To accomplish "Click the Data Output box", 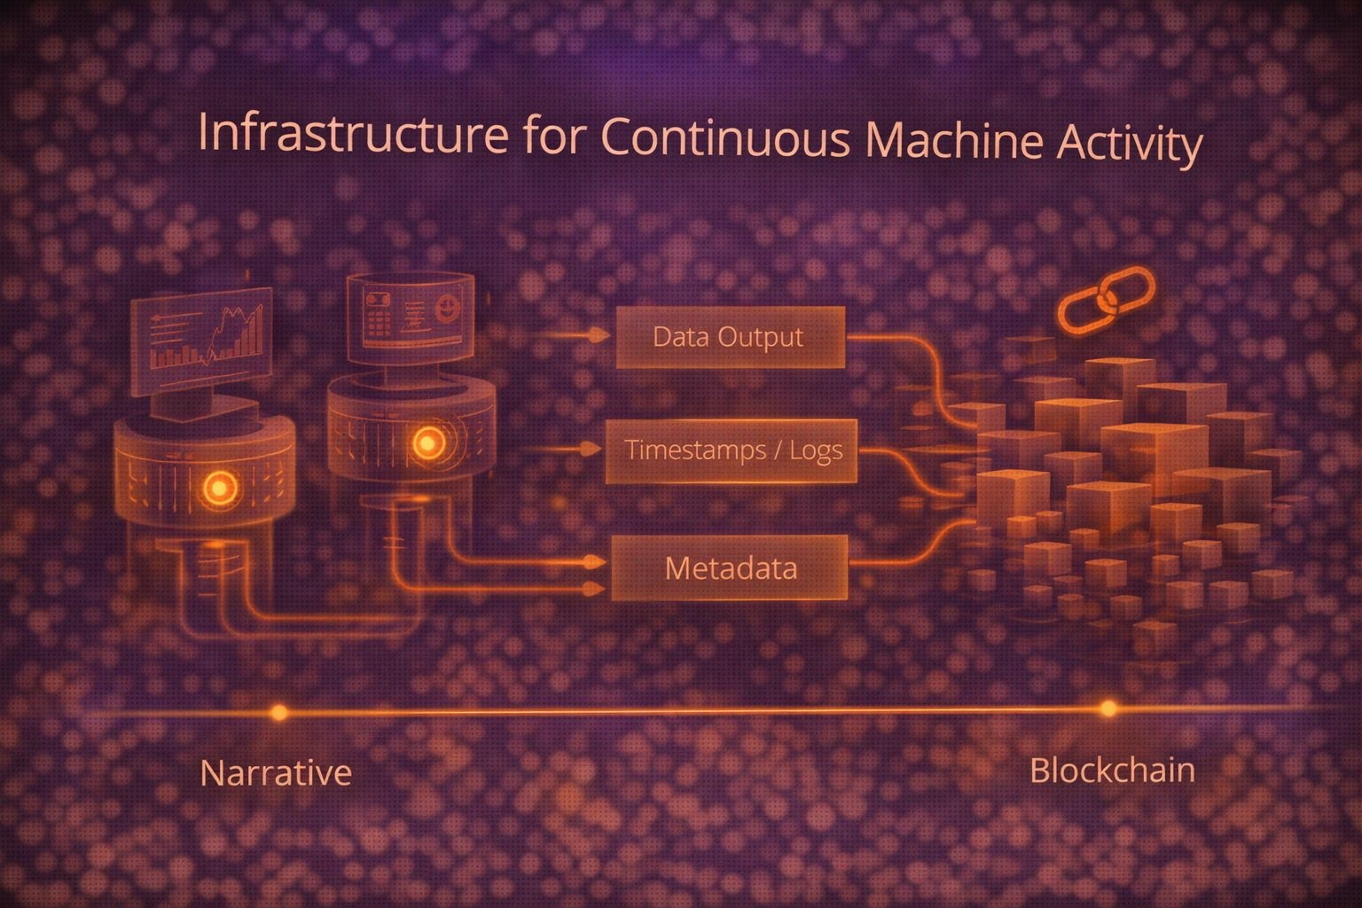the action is (730, 337).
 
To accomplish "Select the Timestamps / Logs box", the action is (732, 450).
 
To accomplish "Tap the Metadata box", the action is (730, 567).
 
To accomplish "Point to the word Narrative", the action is (276, 772).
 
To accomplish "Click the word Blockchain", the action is (1112, 770).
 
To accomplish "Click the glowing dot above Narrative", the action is (279, 712).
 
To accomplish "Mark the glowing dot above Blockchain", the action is (1108, 708).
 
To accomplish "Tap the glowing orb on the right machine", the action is (427, 442).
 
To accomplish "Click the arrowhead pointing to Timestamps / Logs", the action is (590, 450).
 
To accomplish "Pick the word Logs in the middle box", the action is (815, 450).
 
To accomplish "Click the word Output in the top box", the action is (760, 337).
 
